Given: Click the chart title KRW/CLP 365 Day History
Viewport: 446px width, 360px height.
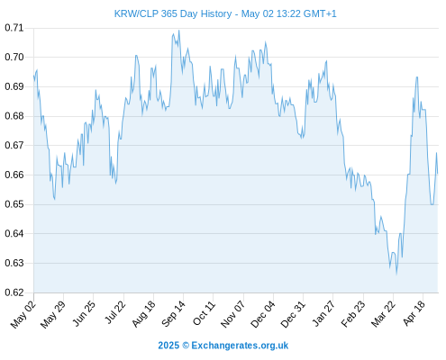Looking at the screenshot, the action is [x=173, y=13].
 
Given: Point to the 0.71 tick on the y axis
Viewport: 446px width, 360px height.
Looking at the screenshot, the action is [x=14, y=28].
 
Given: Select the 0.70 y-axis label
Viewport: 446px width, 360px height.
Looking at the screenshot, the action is [x=14, y=57].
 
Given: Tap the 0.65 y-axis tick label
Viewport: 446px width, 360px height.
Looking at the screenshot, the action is [x=14, y=204].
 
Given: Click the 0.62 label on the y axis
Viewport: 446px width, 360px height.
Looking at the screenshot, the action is [x=14, y=292].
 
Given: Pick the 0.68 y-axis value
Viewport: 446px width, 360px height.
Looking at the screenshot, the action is [x=14, y=116].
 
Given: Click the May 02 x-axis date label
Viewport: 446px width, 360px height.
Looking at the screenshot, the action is [x=23, y=315].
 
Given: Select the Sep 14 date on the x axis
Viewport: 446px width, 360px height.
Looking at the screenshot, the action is [x=174, y=314].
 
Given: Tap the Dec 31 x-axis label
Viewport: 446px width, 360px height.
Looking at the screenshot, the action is [x=293, y=314].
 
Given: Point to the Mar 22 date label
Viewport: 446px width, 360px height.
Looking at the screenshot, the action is [x=383, y=314].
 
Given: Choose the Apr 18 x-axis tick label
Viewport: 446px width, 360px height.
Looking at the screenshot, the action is [x=414, y=313].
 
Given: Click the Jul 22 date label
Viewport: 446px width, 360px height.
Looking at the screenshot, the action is [x=115, y=312].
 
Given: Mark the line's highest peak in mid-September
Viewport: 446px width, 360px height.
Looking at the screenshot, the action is [x=179, y=31].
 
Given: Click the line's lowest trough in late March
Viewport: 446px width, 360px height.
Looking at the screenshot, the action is [x=396, y=274].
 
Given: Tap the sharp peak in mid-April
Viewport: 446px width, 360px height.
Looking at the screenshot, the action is [x=417, y=77].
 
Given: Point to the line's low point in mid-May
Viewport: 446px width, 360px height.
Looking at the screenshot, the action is [x=54, y=199].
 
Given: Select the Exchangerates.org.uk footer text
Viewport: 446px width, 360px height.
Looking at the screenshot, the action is [x=240, y=346].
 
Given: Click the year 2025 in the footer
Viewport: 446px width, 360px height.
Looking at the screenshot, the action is [x=168, y=346].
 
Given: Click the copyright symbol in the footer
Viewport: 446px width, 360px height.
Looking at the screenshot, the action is [x=186, y=346].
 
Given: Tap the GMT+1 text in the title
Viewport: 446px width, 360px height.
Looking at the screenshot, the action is [x=320, y=13].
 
